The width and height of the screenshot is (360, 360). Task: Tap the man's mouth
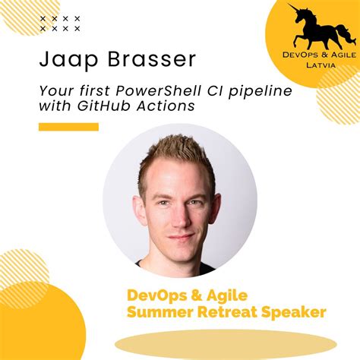click(x=180, y=236)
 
